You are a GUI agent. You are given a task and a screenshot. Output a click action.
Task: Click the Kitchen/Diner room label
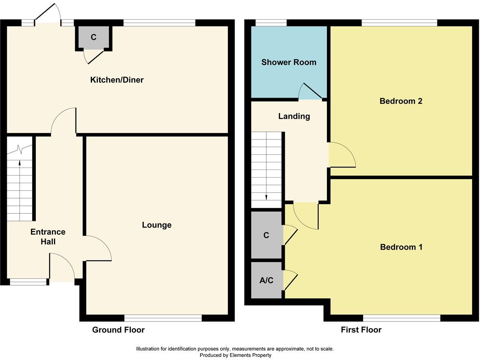[x=116, y=80]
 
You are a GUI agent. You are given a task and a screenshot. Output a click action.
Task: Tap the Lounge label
[x=157, y=225]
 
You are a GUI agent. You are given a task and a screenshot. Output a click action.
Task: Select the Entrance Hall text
[x=48, y=237]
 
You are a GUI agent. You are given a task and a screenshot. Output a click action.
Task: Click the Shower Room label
[x=288, y=62]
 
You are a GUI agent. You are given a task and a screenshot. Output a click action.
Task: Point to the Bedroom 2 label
[x=400, y=101]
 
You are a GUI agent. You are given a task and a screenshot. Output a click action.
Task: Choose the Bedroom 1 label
[x=401, y=247]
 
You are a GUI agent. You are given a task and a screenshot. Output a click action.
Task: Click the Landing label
[x=294, y=117]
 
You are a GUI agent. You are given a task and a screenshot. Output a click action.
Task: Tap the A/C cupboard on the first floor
[x=266, y=280]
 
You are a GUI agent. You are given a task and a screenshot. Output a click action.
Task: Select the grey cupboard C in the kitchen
[x=94, y=37]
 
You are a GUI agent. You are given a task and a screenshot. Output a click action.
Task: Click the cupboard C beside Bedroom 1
[x=266, y=235]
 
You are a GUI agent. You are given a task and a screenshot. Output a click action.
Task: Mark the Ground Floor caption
[x=118, y=330]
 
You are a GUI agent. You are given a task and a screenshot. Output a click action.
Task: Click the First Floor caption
[x=361, y=330]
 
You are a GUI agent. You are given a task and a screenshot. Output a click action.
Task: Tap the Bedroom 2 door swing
[x=341, y=155]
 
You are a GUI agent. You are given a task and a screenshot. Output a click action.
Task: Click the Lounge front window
[x=163, y=318]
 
